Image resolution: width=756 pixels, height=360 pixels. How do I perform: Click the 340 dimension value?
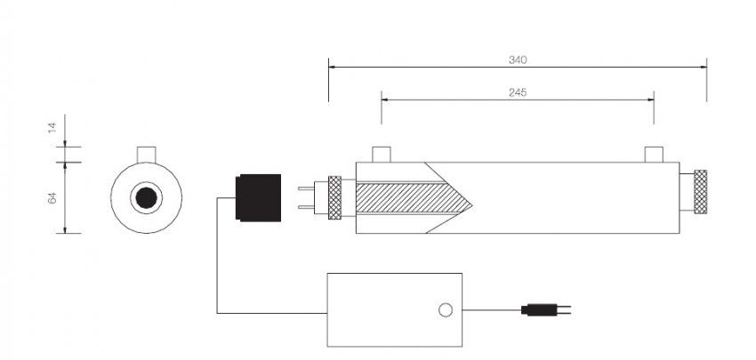(518, 60)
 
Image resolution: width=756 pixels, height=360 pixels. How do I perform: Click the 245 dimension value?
(518, 92)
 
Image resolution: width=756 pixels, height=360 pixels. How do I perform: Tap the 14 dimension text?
(51, 128)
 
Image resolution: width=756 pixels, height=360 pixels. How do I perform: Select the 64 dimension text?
(51, 197)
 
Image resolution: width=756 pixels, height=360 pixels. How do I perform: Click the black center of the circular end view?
(146, 197)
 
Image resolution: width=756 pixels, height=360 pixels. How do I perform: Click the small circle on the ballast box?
(446, 310)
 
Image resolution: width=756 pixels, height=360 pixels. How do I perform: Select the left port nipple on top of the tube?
(382, 155)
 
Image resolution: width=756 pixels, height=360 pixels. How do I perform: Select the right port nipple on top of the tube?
(654, 155)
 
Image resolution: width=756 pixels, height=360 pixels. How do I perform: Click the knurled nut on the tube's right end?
(701, 192)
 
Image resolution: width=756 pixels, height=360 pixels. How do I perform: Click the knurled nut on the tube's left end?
(334, 197)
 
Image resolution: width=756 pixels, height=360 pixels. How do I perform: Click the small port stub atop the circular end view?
(146, 154)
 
